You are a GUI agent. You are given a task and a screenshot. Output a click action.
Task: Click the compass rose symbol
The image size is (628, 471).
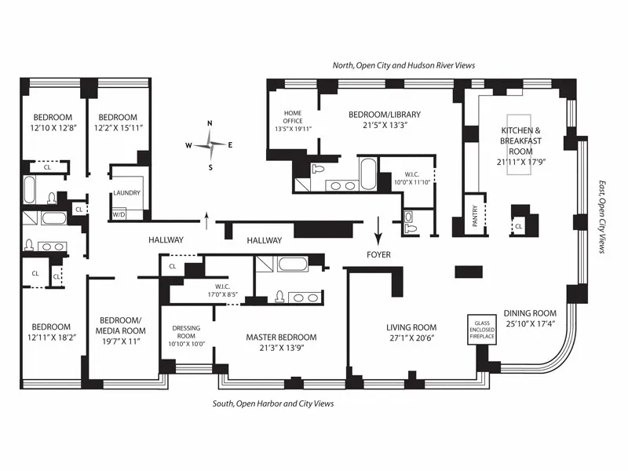click(210, 144)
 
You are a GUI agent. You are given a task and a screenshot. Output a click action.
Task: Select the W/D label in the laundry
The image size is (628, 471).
click(120, 214)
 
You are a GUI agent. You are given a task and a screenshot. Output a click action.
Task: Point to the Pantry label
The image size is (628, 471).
click(474, 217)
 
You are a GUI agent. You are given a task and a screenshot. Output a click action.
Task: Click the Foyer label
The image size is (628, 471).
click(378, 254)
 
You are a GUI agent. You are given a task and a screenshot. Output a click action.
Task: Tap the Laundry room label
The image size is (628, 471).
click(126, 192)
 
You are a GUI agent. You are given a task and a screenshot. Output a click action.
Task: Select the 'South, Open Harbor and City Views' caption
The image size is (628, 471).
click(273, 403)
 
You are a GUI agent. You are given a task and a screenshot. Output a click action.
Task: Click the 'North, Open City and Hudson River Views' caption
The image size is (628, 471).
click(403, 66)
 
